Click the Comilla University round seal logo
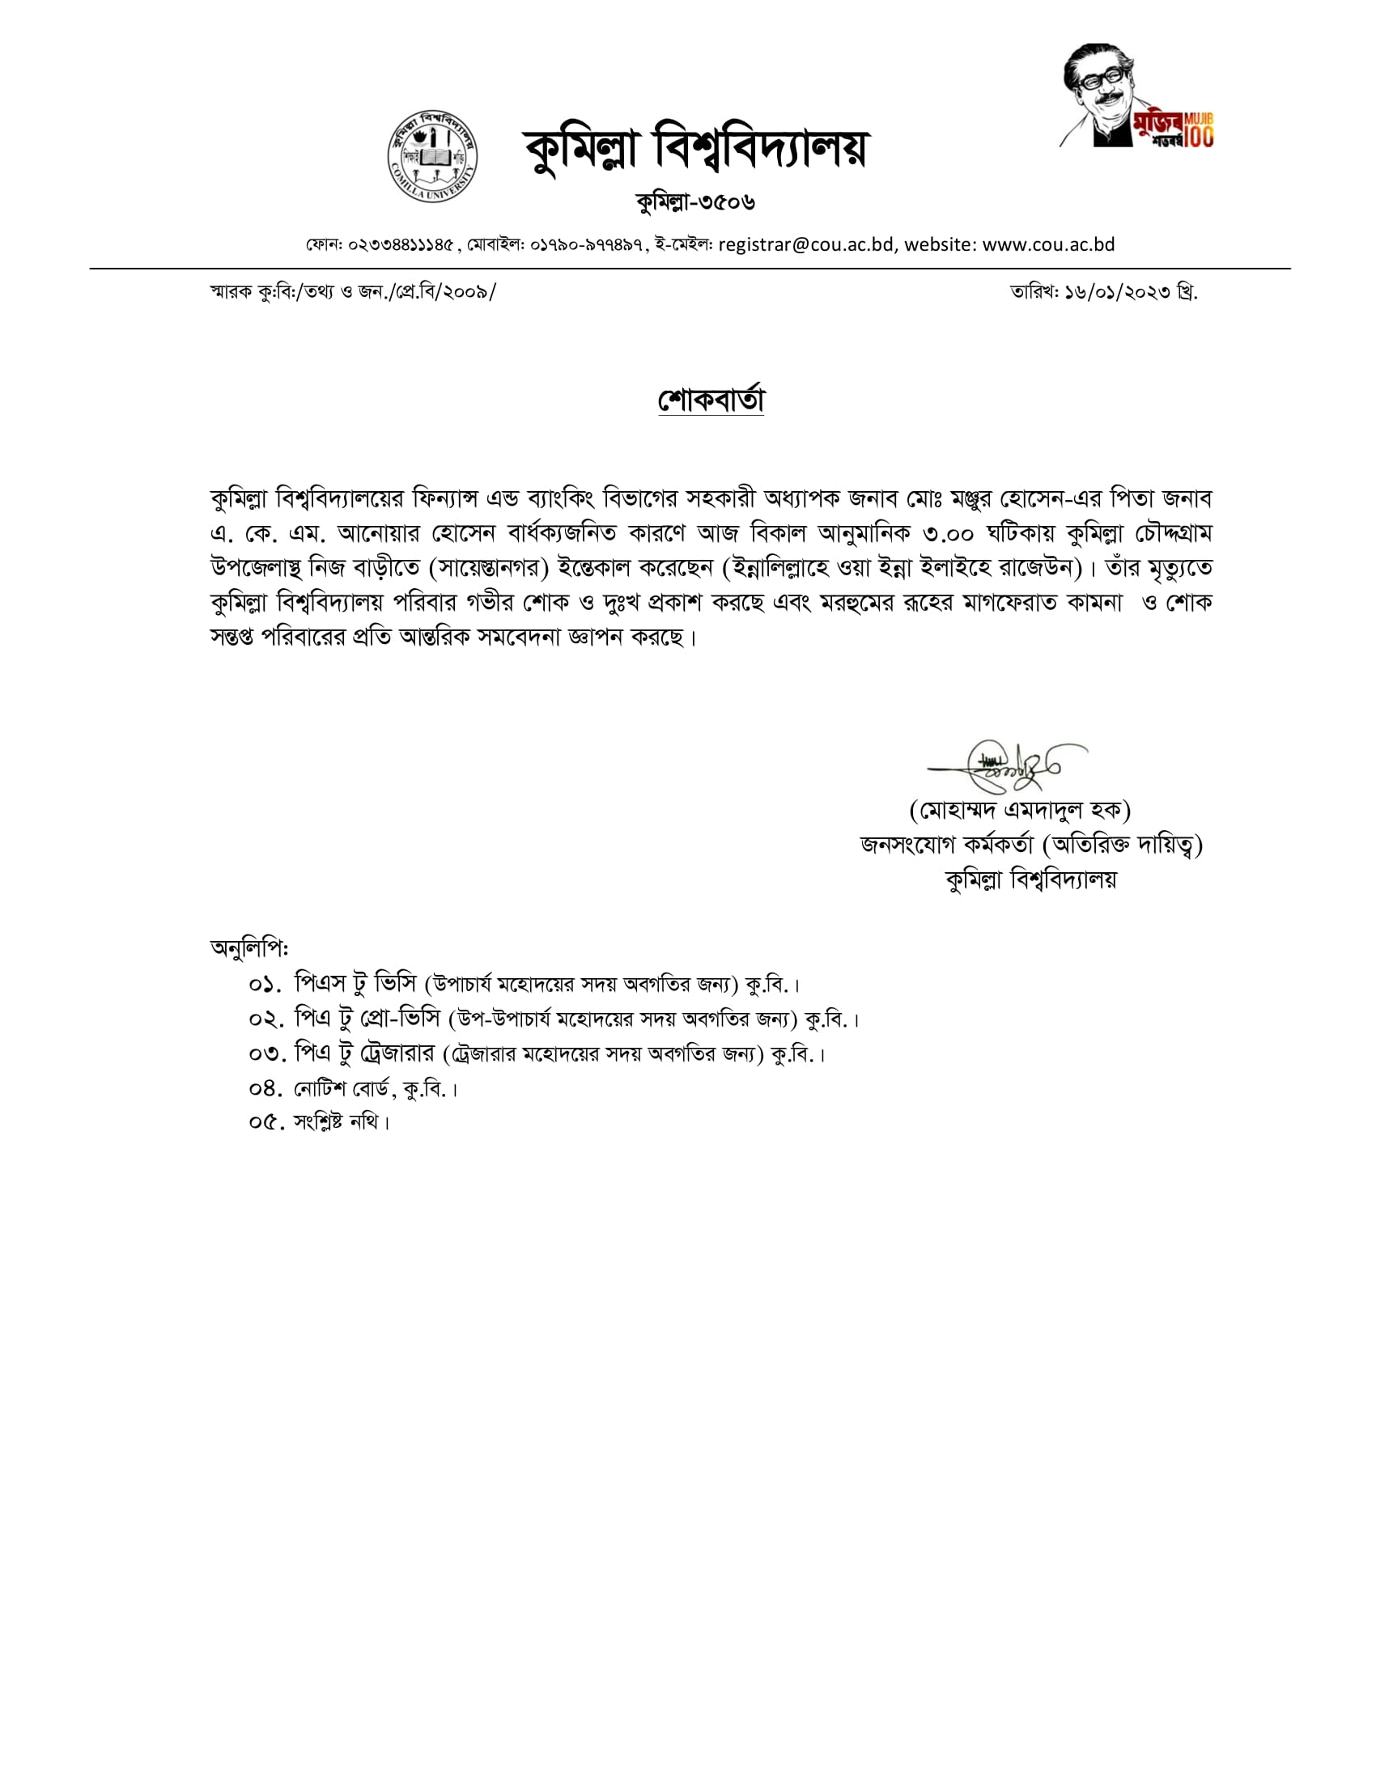(x=432, y=155)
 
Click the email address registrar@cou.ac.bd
(x=805, y=244)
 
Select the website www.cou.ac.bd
(x=1048, y=244)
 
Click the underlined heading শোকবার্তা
(x=711, y=400)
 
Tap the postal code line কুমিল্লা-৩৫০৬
(x=695, y=201)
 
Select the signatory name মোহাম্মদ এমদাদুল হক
(x=1020, y=810)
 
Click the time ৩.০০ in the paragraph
(x=948, y=534)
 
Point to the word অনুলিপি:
(x=249, y=948)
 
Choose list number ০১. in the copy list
(x=265, y=985)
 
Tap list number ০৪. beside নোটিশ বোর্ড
(x=265, y=1089)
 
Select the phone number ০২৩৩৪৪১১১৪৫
(x=400, y=245)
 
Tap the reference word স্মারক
(x=231, y=292)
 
